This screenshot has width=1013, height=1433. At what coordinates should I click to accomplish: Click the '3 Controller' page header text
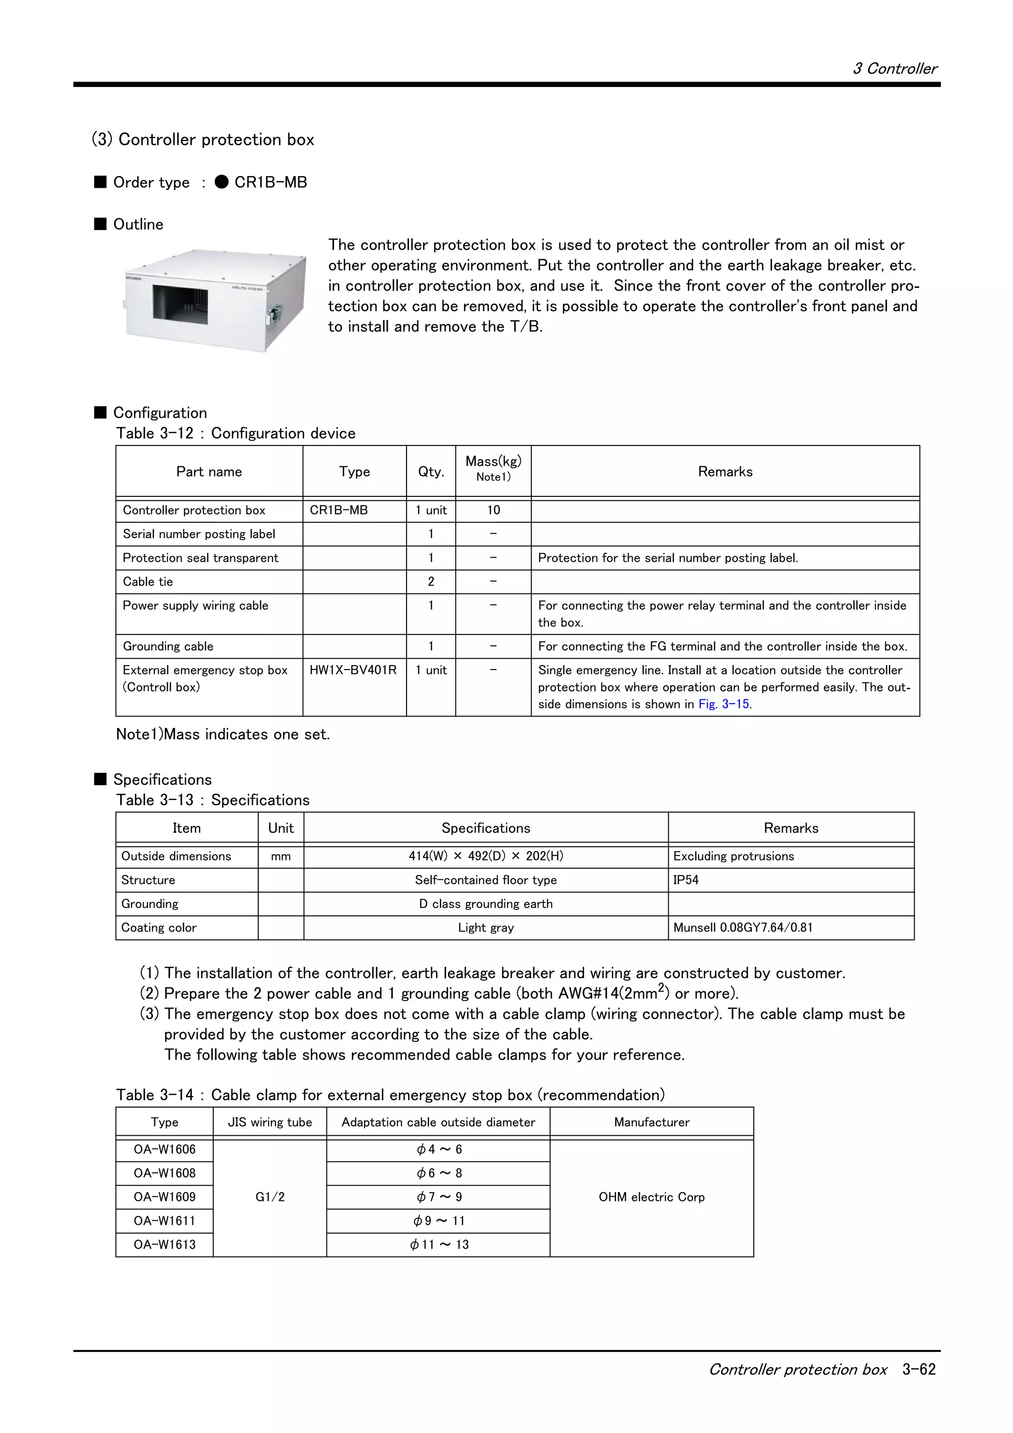point(894,69)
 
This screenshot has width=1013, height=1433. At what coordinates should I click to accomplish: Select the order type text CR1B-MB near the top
point(270,182)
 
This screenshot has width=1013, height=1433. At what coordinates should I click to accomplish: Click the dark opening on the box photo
point(181,305)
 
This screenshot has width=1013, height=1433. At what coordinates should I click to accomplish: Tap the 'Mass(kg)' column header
point(493,462)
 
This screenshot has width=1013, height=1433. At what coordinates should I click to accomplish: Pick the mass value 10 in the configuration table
point(493,510)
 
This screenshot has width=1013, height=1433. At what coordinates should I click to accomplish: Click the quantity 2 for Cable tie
point(431,582)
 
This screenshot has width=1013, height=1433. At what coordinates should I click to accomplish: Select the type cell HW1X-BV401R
point(353,671)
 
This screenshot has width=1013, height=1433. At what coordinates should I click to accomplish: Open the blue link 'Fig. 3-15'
point(724,705)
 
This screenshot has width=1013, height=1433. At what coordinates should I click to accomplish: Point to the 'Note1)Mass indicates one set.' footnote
point(223,735)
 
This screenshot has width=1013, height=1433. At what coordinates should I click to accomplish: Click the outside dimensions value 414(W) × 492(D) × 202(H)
point(486,856)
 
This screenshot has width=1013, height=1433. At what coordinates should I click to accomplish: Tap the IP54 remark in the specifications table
point(686,880)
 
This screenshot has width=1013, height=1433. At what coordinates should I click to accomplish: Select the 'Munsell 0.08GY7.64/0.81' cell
point(743,928)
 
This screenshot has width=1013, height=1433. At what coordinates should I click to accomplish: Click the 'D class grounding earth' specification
point(486,904)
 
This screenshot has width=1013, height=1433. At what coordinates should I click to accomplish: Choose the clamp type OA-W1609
point(165,1197)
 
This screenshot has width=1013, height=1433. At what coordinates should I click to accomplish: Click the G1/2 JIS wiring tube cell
point(270,1197)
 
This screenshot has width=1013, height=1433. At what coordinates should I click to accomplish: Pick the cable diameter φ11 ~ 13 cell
point(439,1245)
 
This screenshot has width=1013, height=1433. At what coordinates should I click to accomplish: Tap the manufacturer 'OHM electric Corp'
point(651,1197)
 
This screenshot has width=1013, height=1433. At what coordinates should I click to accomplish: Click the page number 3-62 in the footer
point(919,1369)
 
